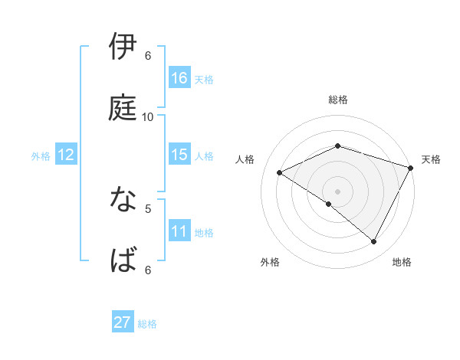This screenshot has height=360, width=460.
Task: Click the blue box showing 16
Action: point(179,78)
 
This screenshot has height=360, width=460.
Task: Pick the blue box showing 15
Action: point(179,155)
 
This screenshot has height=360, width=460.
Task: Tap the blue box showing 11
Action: point(179,231)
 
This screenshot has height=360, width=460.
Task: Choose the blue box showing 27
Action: point(123,322)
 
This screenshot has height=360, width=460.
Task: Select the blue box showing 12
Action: point(65,155)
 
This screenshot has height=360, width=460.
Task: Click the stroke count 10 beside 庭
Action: point(148,116)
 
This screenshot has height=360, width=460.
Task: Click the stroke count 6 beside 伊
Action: point(148,56)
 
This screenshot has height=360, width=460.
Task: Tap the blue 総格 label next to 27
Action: point(147,324)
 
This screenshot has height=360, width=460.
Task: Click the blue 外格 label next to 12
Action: point(41,156)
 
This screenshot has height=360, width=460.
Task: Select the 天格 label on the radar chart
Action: point(431,159)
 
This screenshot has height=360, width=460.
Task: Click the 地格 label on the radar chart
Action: point(402,262)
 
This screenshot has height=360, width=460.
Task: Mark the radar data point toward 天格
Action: point(412,167)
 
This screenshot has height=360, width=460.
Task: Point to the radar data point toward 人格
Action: point(280,173)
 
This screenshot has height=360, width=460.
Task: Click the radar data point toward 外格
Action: point(329,204)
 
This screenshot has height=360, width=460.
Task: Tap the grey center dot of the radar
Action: point(337,191)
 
